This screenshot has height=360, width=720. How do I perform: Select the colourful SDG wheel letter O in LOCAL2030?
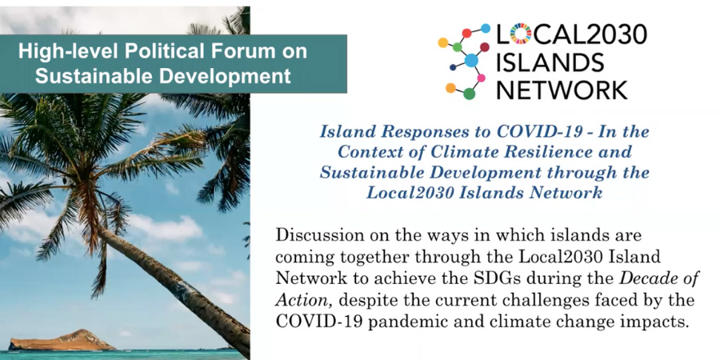click(x=520, y=34)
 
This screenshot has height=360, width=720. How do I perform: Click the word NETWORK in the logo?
click(x=562, y=89)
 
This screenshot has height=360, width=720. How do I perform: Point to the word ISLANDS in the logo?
click(x=550, y=62)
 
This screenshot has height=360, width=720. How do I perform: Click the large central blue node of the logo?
click(x=471, y=61)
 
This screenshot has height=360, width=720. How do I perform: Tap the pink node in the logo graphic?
click(x=482, y=78)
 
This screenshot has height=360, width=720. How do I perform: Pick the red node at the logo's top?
click(x=466, y=33)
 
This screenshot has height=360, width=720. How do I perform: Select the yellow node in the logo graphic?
click(x=443, y=42)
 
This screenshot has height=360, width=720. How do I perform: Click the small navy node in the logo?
click(x=454, y=67)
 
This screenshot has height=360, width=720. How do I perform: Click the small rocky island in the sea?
click(x=62, y=340)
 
